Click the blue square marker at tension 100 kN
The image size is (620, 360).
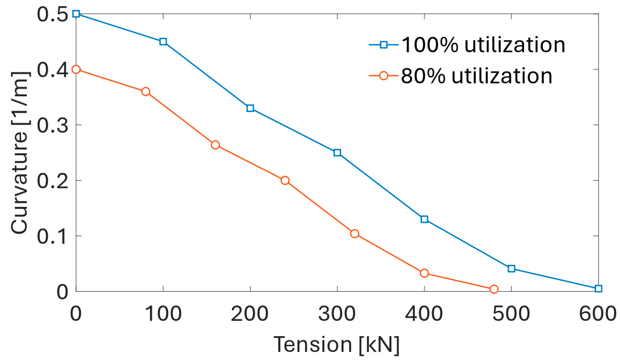tap(163, 42)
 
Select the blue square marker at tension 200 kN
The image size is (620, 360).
tap(250, 108)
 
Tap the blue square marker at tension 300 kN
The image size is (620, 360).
tap(337, 153)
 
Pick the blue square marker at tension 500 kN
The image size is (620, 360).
tap(511, 268)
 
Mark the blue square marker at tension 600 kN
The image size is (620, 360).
tap(598, 289)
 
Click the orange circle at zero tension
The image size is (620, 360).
tap(76, 69)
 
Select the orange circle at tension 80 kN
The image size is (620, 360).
tap(146, 92)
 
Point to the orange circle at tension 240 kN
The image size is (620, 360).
tap(285, 180)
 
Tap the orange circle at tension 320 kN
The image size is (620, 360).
tap(355, 234)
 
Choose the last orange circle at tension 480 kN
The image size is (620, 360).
tap(494, 289)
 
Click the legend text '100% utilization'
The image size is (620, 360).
tap(483, 45)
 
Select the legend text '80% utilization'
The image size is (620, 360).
tap(477, 76)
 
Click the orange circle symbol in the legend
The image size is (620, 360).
tap(383, 76)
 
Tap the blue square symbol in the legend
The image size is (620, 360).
tap(383, 45)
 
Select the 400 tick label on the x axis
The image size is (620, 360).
tap(424, 314)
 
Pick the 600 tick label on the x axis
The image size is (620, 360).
tap(598, 314)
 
